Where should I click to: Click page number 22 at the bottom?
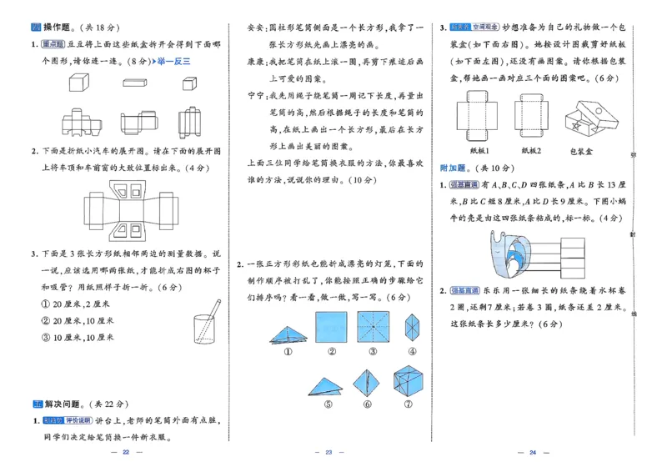[126, 452]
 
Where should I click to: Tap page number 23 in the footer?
[328, 452]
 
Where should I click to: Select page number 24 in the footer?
[531, 452]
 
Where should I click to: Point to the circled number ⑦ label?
[411, 405]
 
